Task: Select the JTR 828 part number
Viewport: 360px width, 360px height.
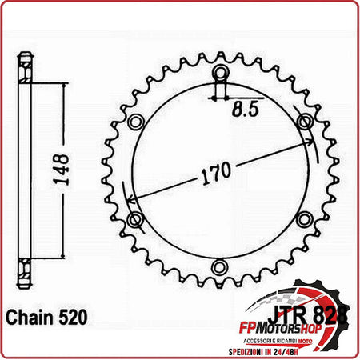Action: [x=310, y=294]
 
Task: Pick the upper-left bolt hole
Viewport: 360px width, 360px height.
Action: [x=135, y=122]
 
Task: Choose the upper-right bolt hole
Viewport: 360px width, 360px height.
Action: [x=304, y=122]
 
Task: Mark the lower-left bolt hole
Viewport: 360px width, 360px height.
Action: [x=135, y=218]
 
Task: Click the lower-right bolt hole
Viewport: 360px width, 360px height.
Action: [x=304, y=218]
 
